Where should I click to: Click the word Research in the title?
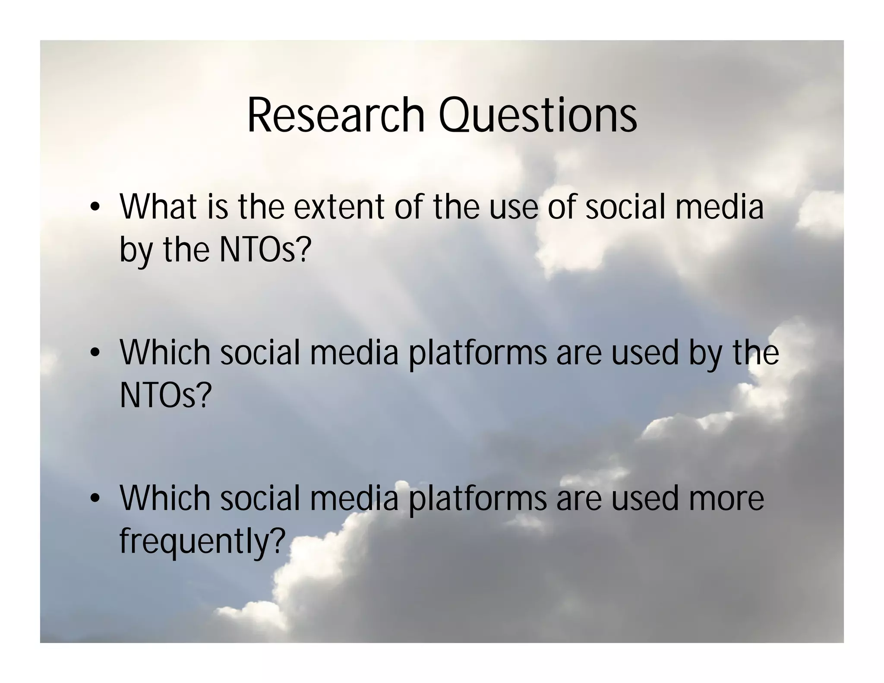[x=336, y=115]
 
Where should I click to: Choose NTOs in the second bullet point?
[x=159, y=395]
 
